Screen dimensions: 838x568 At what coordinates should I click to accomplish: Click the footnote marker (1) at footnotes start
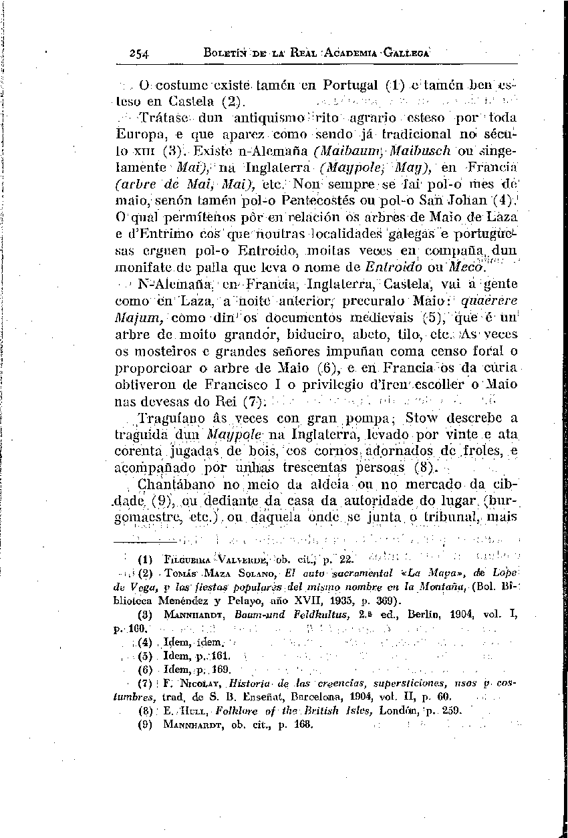[144, 559]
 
